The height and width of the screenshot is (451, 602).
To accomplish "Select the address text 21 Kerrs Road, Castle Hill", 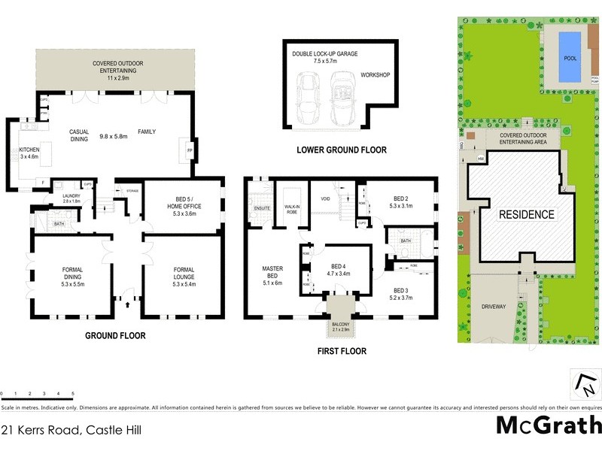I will click(71, 431).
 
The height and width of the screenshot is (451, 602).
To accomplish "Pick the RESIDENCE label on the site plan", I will click(527, 214).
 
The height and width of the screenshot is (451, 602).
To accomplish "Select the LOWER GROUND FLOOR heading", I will click(342, 150).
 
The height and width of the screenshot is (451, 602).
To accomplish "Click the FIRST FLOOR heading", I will click(341, 351).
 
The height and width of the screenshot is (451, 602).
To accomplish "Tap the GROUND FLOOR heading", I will click(115, 336).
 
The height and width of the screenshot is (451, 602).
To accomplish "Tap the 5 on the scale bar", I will click(72, 394).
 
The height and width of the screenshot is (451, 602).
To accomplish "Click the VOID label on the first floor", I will click(327, 199).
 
